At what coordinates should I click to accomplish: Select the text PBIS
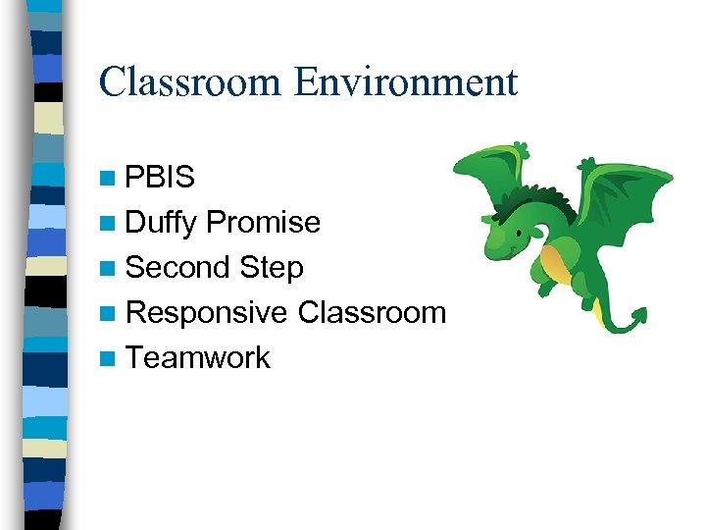(161, 178)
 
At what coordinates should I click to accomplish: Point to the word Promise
(264, 223)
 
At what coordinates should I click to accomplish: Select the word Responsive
(207, 312)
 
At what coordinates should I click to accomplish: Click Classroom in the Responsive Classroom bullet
(372, 312)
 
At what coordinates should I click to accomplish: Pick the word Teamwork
(198, 357)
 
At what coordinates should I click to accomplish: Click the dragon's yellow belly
(554, 262)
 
